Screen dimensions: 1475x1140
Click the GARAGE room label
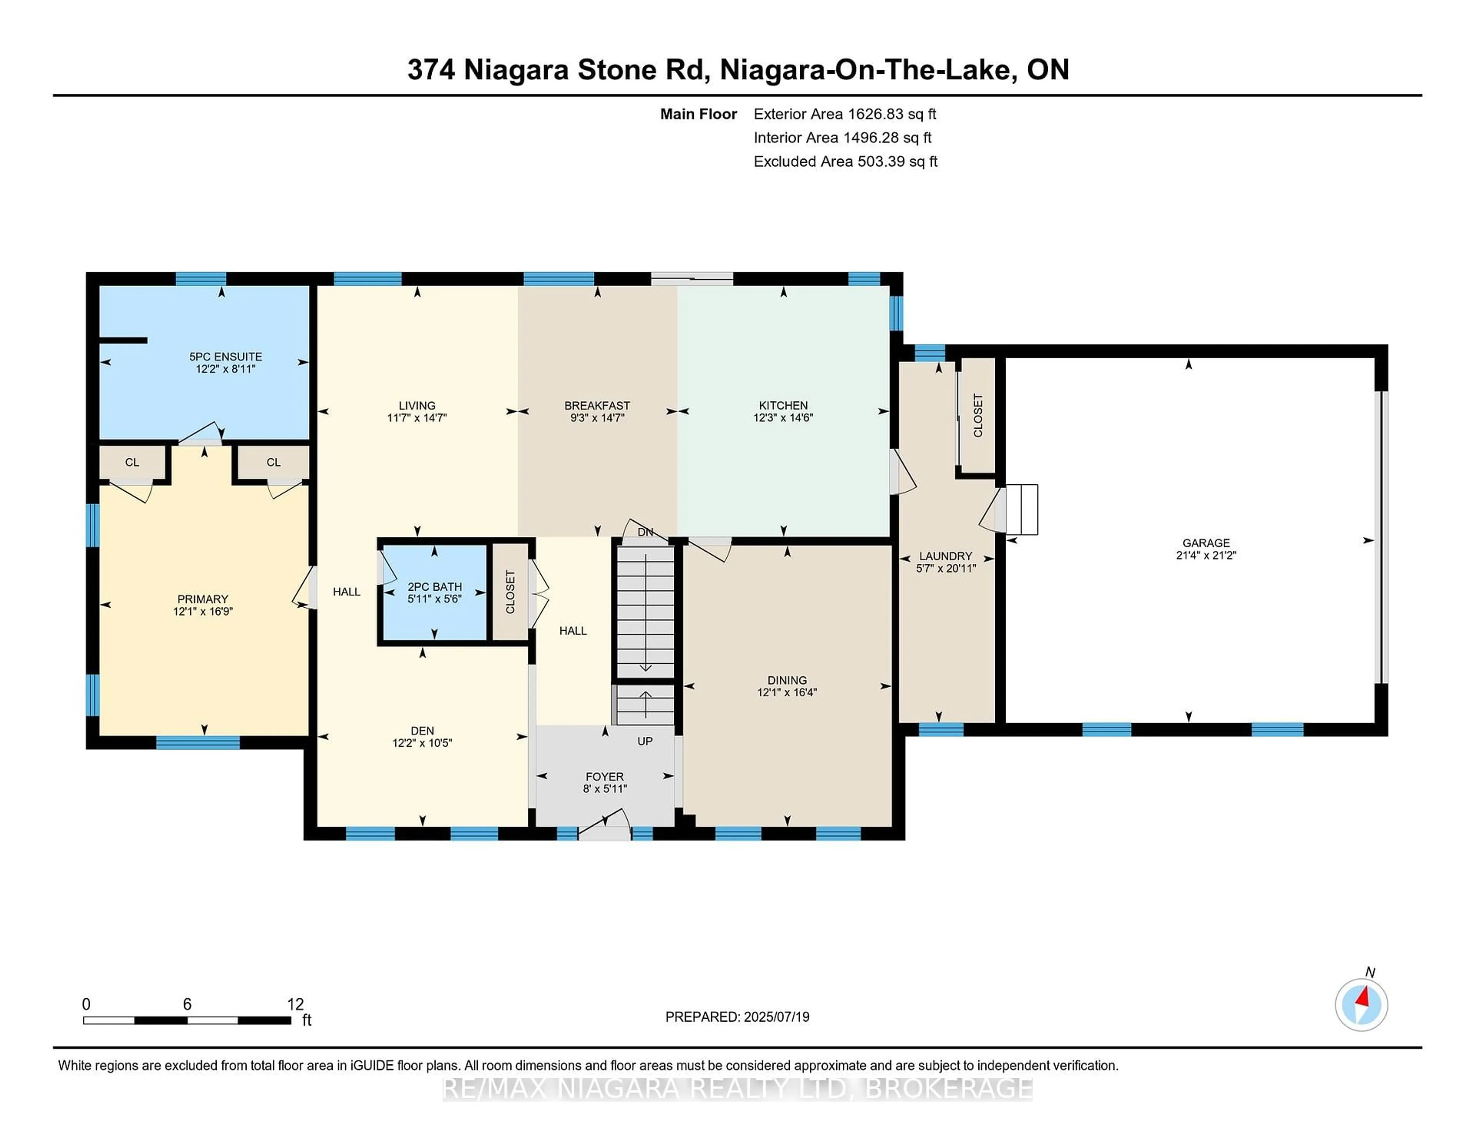coord(1206,543)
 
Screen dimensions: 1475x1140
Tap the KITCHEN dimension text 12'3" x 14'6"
coord(784,418)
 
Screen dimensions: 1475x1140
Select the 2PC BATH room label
coord(435,587)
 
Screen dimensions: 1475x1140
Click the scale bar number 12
coord(296,1004)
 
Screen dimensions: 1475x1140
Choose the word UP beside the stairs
coord(645,742)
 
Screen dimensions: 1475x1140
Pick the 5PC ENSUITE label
coord(225,356)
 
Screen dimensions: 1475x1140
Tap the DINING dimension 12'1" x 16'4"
coord(787,692)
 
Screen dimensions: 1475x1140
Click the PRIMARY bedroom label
coord(202,599)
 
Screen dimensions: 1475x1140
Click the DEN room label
coord(422,731)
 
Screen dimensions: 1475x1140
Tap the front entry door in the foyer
coord(605,828)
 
